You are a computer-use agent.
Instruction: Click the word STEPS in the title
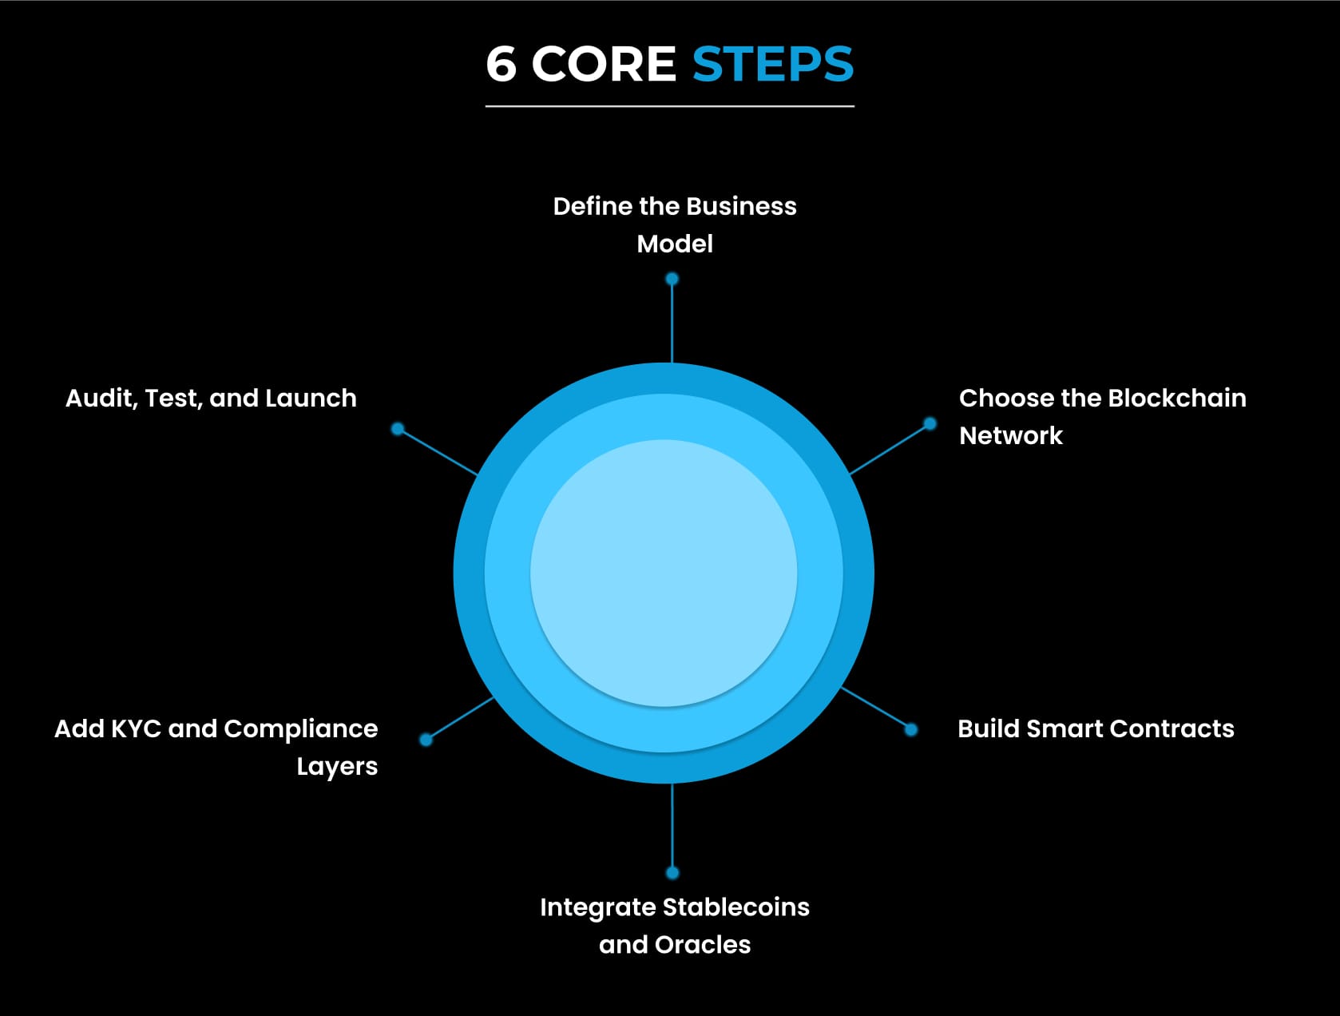click(x=772, y=65)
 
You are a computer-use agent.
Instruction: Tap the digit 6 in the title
click(x=501, y=65)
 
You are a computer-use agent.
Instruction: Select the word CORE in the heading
click(x=604, y=65)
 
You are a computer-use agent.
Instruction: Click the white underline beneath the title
click(x=669, y=105)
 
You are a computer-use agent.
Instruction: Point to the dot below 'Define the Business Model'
click(x=672, y=279)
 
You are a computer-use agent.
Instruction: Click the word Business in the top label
click(x=741, y=206)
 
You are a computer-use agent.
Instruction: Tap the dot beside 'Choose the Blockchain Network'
click(x=930, y=423)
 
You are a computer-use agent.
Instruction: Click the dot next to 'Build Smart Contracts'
click(x=910, y=729)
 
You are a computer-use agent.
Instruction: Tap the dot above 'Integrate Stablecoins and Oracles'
click(x=672, y=872)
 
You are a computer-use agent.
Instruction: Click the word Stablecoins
click(x=735, y=907)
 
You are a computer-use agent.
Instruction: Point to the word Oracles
click(x=702, y=945)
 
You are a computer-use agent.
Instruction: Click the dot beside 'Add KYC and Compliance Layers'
click(x=426, y=740)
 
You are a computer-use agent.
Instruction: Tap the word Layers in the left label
click(x=337, y=767)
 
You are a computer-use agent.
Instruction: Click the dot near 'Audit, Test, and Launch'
click(x=397, y=429)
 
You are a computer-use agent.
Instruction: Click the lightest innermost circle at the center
click(x=664, y=573)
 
